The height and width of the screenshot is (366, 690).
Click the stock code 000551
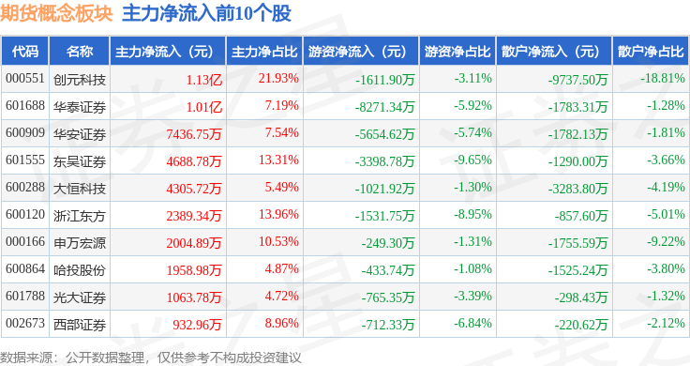(25, 79)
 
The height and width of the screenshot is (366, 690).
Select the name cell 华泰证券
(80, 107)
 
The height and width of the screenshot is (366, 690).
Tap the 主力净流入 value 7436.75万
(194, 134)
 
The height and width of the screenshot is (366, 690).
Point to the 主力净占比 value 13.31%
(278, 160)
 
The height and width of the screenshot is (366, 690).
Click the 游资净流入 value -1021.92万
(384, 189)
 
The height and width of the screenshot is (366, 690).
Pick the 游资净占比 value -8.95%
(472, 215)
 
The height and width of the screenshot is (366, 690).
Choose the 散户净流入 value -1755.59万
(577, 243)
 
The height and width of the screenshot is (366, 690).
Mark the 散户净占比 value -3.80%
(666, 268)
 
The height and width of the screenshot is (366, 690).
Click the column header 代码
(25, 52)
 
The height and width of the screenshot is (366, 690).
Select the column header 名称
(80, 52)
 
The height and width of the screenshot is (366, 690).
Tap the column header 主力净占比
(264, 52)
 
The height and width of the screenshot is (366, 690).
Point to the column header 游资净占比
(457, 52)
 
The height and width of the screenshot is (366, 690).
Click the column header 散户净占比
(651, 52)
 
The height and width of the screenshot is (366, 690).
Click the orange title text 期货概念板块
(56, 14)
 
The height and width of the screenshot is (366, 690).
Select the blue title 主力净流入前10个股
(207, 14)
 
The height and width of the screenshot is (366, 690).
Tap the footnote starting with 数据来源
(151, 358)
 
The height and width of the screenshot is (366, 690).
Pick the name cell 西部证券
(80, 325)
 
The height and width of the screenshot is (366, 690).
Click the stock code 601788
(25, 296)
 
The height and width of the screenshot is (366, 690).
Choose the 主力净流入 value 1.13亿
(204, 80)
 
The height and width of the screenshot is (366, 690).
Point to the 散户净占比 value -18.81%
(663, 79)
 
